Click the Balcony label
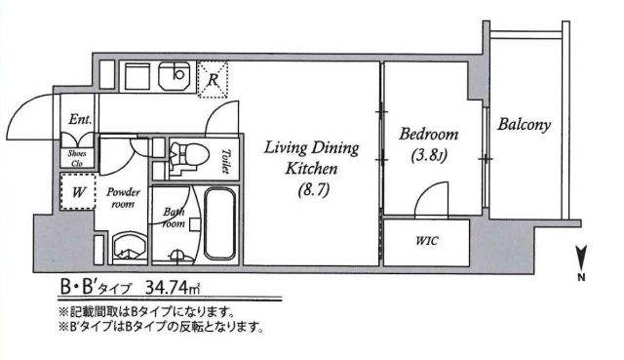tap(525, 124)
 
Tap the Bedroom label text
tap(428, 136)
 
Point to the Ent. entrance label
tap(79, 120)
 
